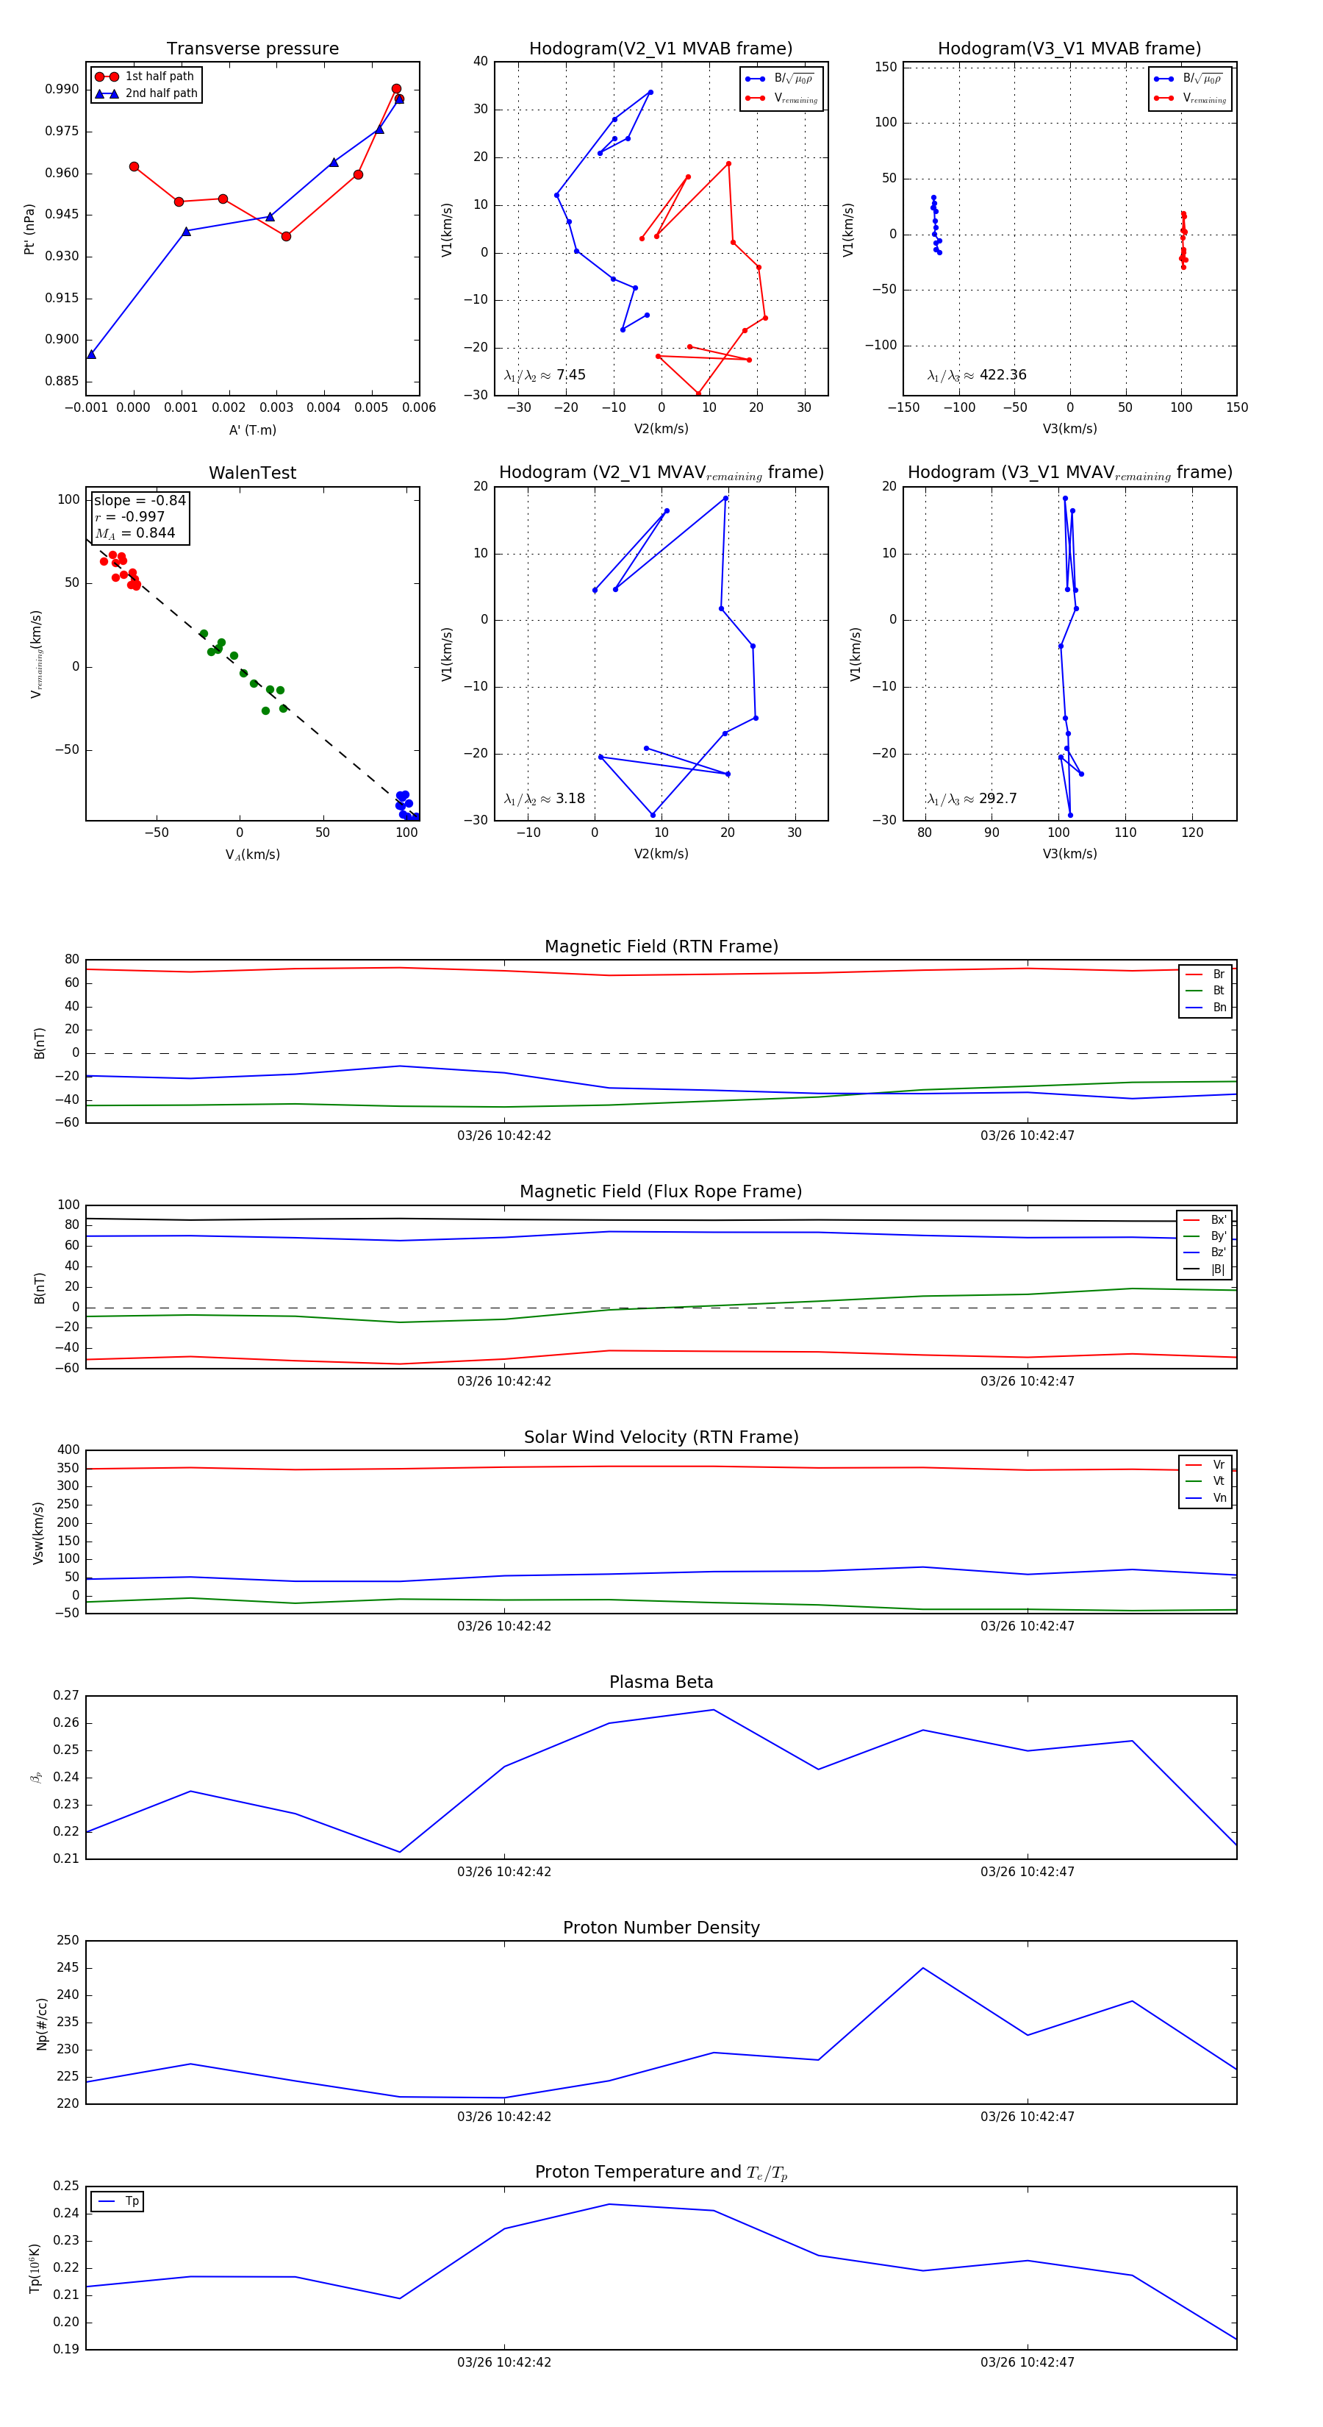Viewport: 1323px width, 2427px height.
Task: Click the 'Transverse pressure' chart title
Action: coord(252,49)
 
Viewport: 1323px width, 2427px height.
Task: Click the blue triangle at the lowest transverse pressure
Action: coord(91,354)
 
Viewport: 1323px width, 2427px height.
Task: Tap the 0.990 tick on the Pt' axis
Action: coord(62,90)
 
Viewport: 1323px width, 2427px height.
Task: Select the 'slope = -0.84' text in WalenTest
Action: coord(140,500)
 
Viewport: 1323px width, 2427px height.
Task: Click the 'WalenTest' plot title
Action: coord(252,473)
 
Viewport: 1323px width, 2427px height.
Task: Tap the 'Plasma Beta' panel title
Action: coord(661,1682)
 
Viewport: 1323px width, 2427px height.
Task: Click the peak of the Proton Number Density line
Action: coord(923,1968)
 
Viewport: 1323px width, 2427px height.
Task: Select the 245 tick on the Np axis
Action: coord(68,1967)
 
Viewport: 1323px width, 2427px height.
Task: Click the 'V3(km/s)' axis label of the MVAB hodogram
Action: coord(1069,429)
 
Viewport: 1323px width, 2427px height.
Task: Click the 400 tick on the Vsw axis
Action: coord(68,1450)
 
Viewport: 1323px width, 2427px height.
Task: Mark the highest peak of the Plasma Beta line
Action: coord(713,1710)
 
